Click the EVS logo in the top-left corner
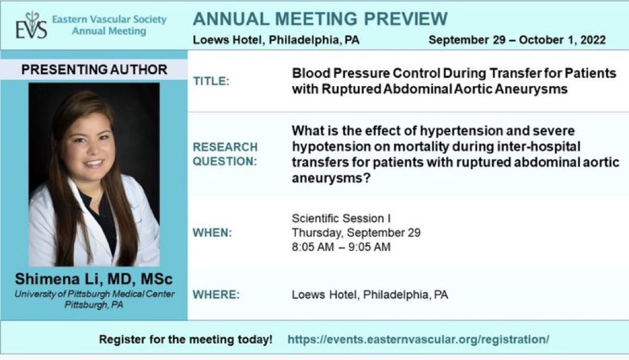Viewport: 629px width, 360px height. pyautogui.click(x=31, y=26)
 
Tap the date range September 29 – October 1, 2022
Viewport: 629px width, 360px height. pyautogui.click(x=517, y=40)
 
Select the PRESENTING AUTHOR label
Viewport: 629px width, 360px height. pyautogui.click(x=94, y=70)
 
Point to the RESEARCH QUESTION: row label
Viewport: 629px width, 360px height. pyautogui.click(x=225, y=154)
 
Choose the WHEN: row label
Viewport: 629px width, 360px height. pyautogui.click(x=212, y=232)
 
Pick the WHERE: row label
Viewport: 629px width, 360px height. pyautogui.click(x=215, y=295)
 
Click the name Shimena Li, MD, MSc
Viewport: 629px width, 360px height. pyautogui.click(x=94, y=280)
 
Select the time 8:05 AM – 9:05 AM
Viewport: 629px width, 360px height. pyautogui.click(x=341, y=247)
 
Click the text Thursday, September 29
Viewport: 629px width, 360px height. pyautogui.click(x=356, y=233)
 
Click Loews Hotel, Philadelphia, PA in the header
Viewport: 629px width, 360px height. pyautogui.click(x=276, y=40)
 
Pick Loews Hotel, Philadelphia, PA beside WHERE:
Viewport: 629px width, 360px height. pyautogui.click(x=370, y=295)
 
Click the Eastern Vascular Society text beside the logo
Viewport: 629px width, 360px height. pyautogui.click(x=109, y=19)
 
